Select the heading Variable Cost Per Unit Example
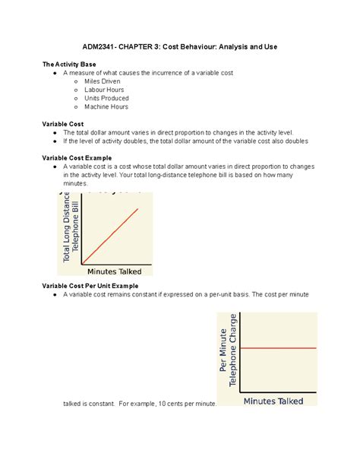93,285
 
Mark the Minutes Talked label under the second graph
273,401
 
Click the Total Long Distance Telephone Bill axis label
71,228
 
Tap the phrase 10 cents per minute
188,404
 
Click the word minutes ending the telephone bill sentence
76,183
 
